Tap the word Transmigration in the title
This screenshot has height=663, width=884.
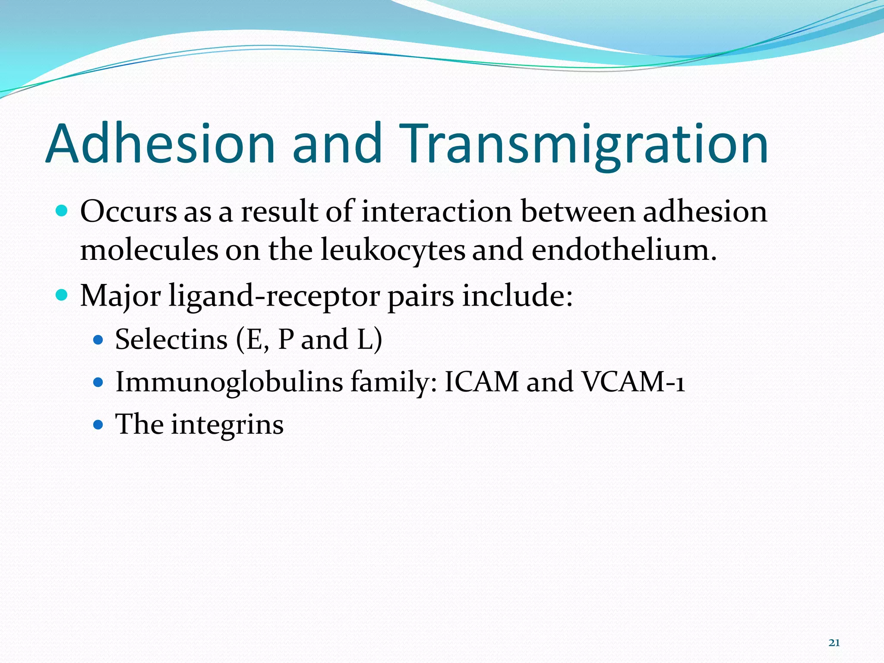[583, 145]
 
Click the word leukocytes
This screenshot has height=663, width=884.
[393, 250]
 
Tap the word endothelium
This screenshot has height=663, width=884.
[624, 250]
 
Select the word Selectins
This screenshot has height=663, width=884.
[171, 339]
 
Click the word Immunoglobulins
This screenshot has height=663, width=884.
[229, 382]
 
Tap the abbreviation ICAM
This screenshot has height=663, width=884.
[481, 382]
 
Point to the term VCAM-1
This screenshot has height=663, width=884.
[633, 382]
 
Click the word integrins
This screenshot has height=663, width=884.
[227, 425]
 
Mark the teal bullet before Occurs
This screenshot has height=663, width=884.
[62, 211]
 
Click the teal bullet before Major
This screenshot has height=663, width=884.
[62, 296]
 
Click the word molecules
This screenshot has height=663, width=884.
[149, 250]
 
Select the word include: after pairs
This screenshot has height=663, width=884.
[517, 296]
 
